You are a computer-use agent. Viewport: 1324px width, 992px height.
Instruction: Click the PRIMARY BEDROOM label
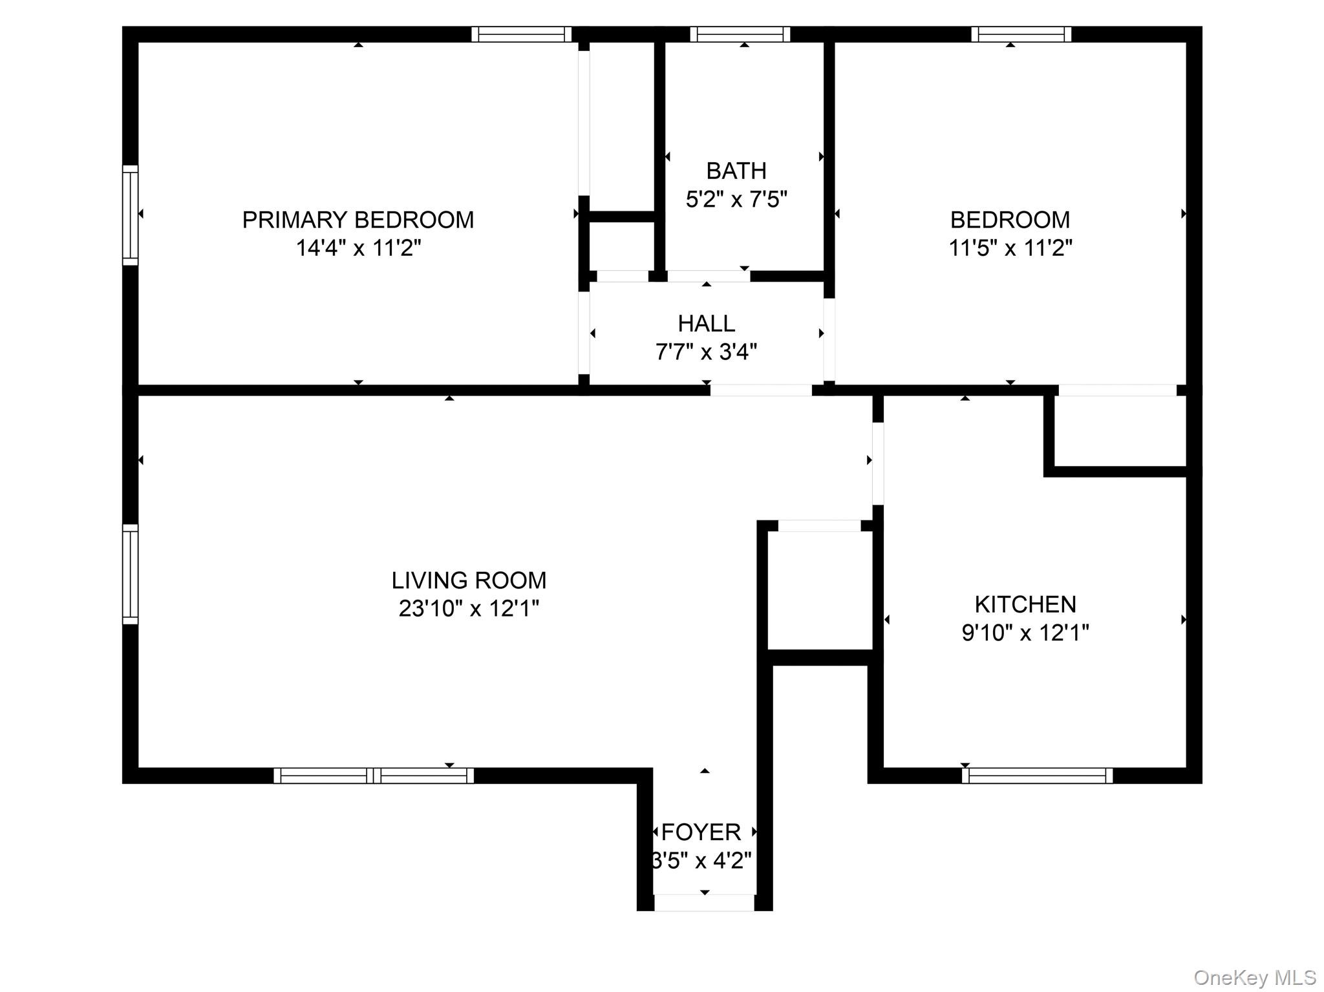[x=358, y=220]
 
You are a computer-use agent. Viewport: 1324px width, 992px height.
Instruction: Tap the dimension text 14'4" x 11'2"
[x=358, y=248]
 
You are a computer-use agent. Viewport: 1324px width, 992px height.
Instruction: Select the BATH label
[x=736, y=171]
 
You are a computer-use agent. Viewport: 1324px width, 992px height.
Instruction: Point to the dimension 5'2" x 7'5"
[x=736, y=199]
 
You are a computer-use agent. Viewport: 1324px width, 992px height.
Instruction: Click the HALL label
[x=706, y=323]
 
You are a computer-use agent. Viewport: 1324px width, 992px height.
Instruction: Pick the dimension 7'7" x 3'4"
[x=706, y=352]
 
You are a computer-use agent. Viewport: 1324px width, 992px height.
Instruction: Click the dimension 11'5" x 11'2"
[x=1010, y=248]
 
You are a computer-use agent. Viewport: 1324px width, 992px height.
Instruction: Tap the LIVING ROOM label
[x=469, y=580]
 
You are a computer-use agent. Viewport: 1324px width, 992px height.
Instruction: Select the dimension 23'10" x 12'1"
[x=469, y=609]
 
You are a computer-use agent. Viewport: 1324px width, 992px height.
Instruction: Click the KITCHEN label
[x=1025, y=604]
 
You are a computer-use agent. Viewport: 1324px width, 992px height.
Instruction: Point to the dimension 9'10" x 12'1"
[x=1025, y=633]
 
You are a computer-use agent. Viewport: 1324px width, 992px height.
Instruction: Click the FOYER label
[x=701, y=832]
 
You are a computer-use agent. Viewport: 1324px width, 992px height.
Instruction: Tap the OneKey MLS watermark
[x=1254, y=977]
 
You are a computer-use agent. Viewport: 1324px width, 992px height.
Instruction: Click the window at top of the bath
[x=740, y=34]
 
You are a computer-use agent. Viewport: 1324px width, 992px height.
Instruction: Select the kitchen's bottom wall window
[x=1037, y=775]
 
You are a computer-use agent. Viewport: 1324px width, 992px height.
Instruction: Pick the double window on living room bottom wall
[x=374, y=775]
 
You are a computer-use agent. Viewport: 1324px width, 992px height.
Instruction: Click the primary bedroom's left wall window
[x=131, y=215]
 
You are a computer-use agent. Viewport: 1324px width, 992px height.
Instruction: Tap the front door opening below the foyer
[x=705, y=903]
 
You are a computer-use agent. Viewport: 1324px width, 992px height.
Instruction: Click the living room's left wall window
[x=131, y=574]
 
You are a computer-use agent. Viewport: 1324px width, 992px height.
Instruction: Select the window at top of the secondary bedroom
[x=1021, y=34]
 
